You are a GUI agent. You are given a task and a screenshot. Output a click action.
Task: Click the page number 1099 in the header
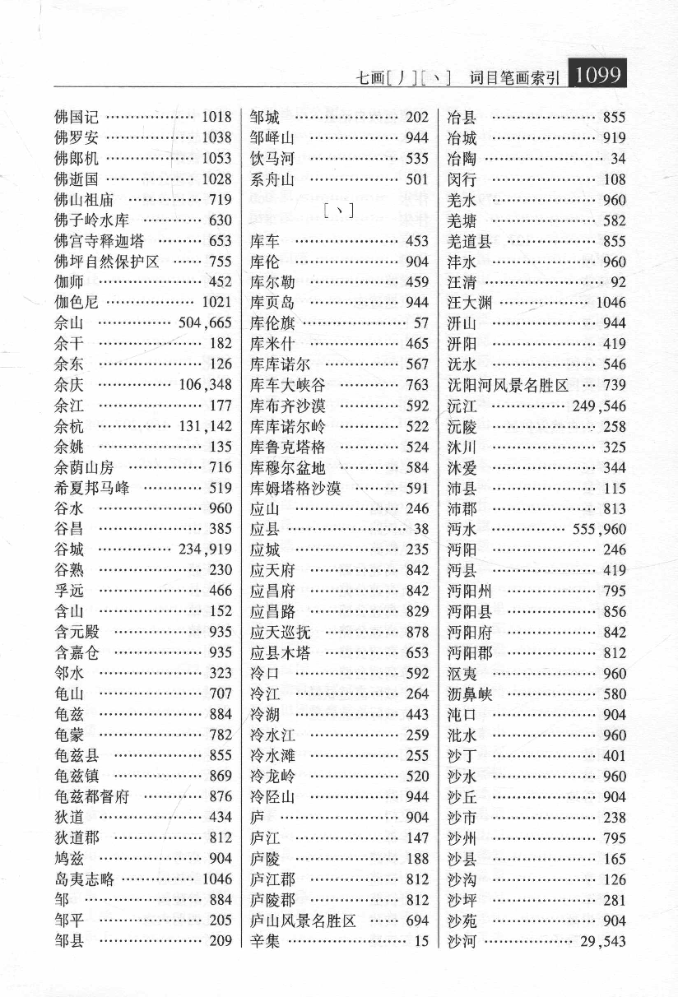tap(597, 75)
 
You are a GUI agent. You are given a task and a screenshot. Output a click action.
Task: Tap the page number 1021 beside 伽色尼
tap(216, 302)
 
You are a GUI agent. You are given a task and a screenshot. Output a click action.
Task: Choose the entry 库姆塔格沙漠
tap(295, 488)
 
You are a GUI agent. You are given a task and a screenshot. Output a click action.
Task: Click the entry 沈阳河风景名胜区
tap(508, 385)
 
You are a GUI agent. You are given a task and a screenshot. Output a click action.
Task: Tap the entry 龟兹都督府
tap(91, 796)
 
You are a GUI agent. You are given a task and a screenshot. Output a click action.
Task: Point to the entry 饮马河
tap(272, 158)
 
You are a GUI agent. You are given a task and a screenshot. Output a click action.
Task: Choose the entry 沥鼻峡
tap(469, 693)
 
